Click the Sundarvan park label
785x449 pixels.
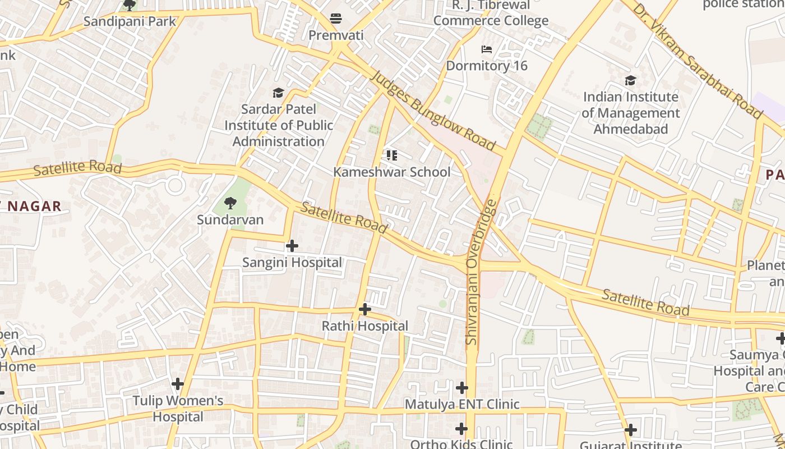[230, 219]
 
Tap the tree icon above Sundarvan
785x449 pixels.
[230, 203]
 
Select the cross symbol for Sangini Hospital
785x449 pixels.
[292, 246]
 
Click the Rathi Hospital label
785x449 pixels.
[364, 326]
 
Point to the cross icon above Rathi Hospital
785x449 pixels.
[364, 309]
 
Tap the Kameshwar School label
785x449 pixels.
[391, 172]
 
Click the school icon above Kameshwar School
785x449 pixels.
[391, 155]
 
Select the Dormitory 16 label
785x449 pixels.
[487, 66]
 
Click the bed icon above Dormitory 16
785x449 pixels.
[487, 49]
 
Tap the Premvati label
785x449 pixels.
[336, 35]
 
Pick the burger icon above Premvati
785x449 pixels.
[336, 19]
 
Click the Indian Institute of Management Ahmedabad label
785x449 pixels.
[631, 113]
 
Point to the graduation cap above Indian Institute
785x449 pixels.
[631, 81]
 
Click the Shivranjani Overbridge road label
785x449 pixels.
[480, 272]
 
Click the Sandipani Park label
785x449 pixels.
[130, 22]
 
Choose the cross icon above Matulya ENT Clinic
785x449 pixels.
[461, 388]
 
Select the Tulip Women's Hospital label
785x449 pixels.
[178, 409]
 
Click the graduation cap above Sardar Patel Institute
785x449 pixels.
[278, 93]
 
